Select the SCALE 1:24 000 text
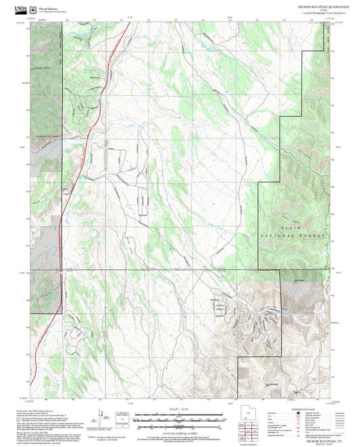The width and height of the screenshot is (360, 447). (180, 409)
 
